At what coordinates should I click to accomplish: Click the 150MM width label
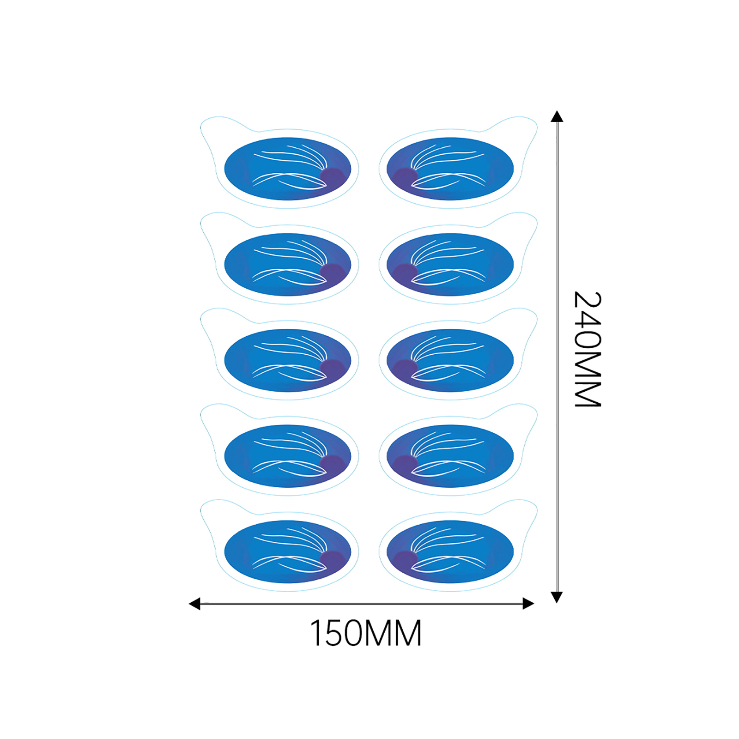click(365, 633)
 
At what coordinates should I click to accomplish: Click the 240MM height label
click(588, 349)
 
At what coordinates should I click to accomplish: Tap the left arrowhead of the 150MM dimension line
click(194, 603)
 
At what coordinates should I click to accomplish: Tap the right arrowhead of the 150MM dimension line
click(528, 603)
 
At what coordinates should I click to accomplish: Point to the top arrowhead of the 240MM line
click(557, 116)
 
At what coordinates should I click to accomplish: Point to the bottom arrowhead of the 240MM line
click(557, 597)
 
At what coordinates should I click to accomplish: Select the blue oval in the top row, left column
click(288, 169)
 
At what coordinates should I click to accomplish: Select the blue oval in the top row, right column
click(450, 169)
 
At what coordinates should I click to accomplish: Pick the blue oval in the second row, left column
click(288, 265)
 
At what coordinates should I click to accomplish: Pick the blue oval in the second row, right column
click(450, 265)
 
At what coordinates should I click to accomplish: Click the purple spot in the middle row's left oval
click(333, 368)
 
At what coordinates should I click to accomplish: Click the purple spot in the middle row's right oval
click(405, 368)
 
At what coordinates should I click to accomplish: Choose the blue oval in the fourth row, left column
click(288, 456)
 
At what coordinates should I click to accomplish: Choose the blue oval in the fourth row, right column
click(450, 456)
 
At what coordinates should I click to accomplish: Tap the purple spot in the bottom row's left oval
click(333, 560)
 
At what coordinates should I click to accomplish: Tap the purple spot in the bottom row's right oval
click(405, 560)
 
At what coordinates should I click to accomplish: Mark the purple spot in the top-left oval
click(333, 176)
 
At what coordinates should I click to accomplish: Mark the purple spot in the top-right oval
click(405, 176)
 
